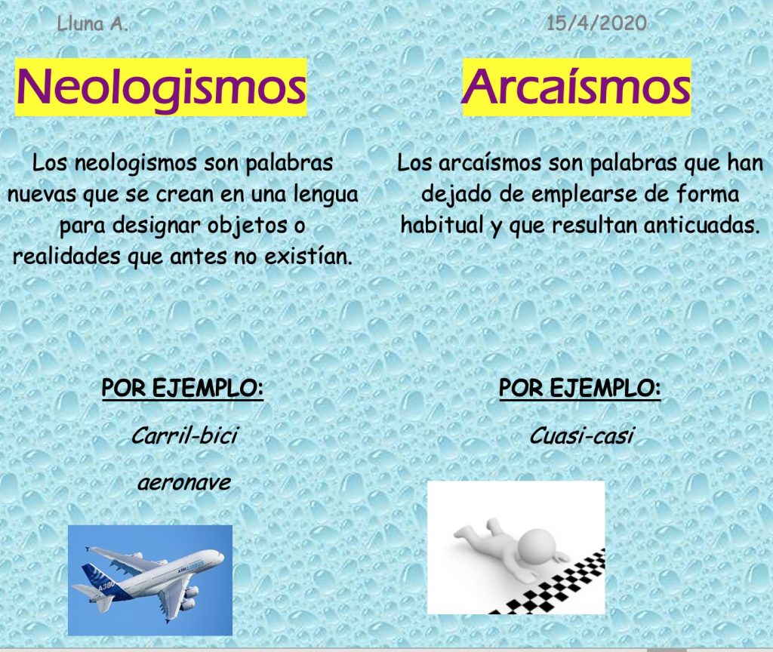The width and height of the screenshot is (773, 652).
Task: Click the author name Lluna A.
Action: (92, 23)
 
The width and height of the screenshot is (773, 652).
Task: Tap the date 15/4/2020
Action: (596, 23)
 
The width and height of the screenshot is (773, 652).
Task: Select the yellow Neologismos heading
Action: (161, 88)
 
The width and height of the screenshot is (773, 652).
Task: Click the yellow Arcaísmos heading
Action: (576, 88)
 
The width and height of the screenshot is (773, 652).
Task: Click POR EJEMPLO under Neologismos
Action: (183, 389)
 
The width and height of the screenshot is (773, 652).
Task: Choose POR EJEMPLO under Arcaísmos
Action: (580, 389)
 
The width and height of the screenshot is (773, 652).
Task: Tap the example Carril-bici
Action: (184, 435)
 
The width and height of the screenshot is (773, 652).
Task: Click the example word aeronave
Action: (184, 482)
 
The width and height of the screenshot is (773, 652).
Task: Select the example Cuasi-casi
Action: (581, 435)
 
